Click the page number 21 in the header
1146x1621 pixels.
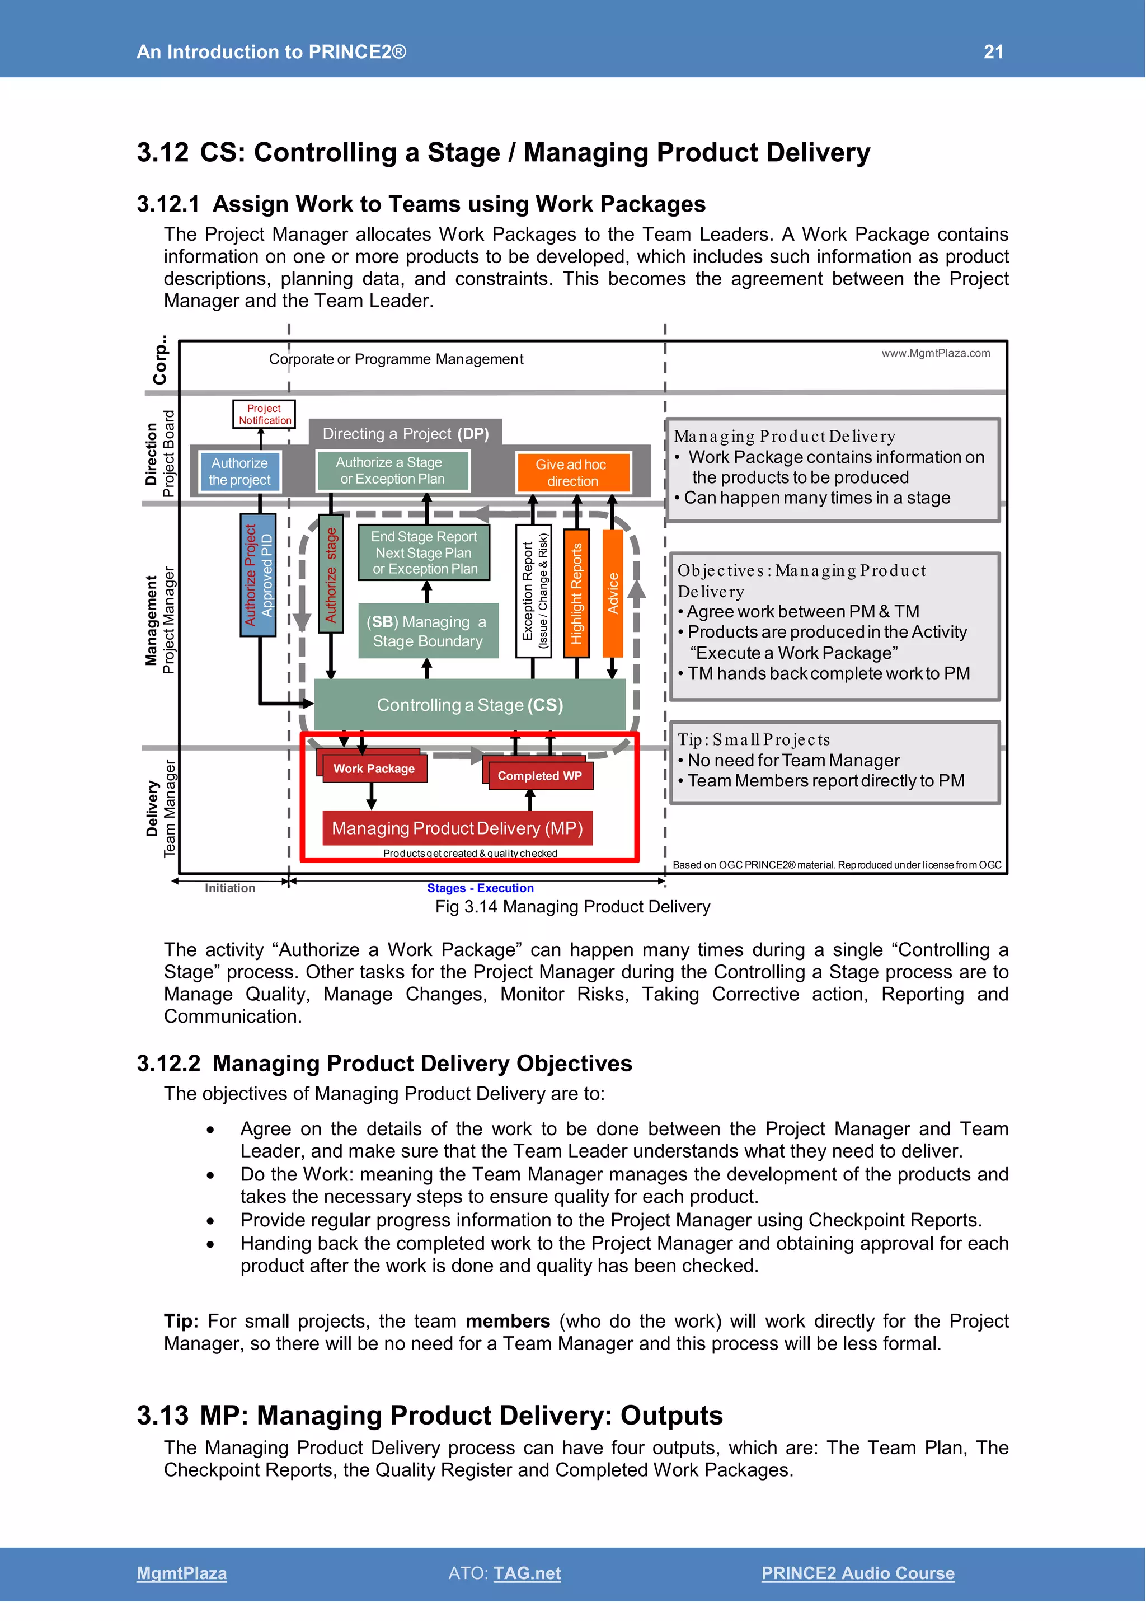point(993,51)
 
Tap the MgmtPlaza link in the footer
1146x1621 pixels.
point(181,1573)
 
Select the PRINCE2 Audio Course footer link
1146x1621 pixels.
point(857,1573)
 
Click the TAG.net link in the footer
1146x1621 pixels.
point(527,1573)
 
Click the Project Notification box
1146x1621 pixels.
point(264,414)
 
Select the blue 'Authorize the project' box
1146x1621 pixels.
point(239,472)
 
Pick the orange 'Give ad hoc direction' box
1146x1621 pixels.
point(572,472)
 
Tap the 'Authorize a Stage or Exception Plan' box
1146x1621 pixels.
point(392,471)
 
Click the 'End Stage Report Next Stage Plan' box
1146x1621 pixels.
point(424,553)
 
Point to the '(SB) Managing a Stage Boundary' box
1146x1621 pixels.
point(428,631)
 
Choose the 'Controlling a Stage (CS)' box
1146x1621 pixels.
point(469,705)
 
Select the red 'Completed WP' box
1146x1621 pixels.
point(539,776)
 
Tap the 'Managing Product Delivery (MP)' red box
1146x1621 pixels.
point(457,828)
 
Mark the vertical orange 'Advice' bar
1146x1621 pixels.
point(613,593)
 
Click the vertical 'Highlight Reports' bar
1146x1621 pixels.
point(576,593)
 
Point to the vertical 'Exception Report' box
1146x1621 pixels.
point(533,592)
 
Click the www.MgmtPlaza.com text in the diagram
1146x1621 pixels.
point(936,353)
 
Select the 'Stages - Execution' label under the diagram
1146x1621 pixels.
point(480,888)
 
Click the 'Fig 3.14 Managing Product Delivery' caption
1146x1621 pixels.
point(572,907)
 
